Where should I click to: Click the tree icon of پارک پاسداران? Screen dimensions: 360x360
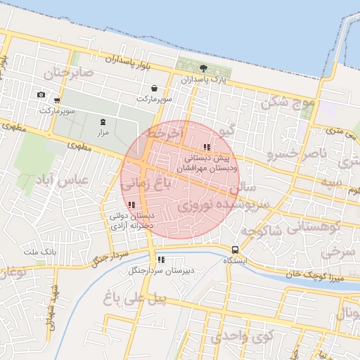point(204,68)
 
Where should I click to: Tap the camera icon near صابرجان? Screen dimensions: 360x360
point(41,95)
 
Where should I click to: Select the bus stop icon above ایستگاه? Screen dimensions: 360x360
point(235,250)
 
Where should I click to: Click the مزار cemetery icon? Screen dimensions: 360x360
point(103,121)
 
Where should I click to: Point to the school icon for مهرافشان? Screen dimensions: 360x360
point(206,148)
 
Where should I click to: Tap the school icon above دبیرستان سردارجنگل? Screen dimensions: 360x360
point(161,259)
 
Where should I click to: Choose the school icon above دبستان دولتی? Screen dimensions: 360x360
point(131,205)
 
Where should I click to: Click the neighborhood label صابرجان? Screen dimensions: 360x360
point(68,73)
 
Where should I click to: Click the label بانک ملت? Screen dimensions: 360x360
point(39,251)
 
